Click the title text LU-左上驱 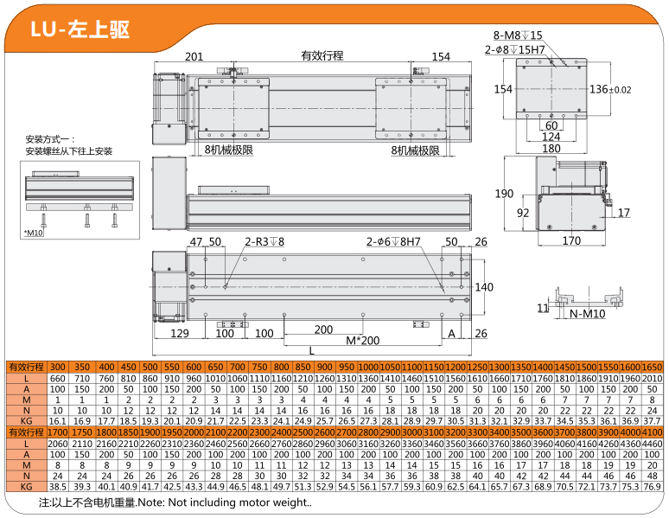coord(80,29)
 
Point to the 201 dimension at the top coord(194,57)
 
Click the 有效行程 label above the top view coord(322,55)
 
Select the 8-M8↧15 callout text coord(518,35)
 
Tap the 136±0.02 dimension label coord(610,89)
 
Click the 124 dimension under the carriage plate coord(551,137)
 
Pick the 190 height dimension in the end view coord(504,194)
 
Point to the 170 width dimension coord(571,241)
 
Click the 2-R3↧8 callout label coord(264,242)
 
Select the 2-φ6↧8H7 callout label coord(393,242)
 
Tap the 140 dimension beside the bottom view coord(484,287)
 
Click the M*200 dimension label coord(363,341)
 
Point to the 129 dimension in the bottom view coord(179,333)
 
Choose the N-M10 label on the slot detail coord(588,314)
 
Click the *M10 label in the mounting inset coord(34,233)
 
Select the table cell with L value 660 coord(58,379)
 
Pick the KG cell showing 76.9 coord(652,486)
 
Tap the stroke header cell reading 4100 coord(652,432)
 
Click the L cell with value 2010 coord(652,379)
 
